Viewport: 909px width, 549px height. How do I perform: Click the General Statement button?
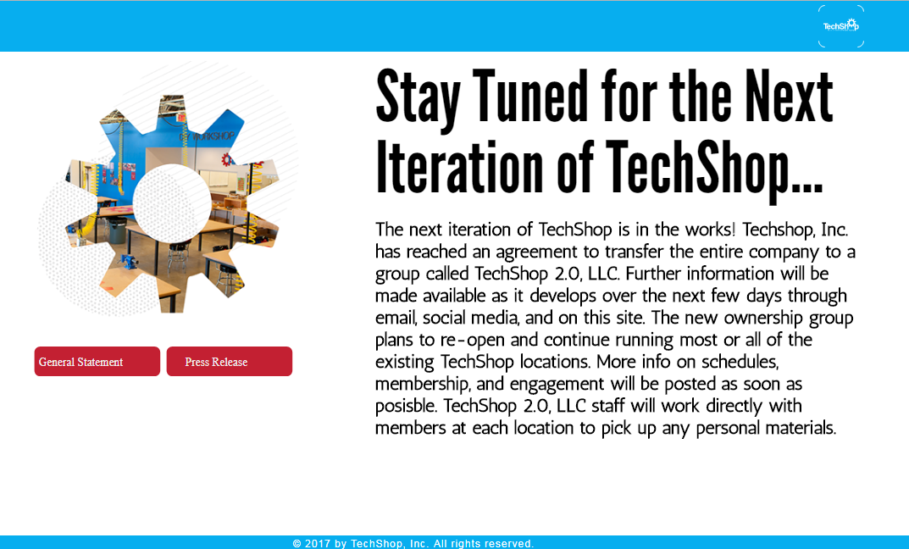coord(97,361)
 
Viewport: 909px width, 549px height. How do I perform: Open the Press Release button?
coord(229,361)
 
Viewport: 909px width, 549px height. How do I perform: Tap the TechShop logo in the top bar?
coord(840,25)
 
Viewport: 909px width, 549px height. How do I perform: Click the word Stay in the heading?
coord(418,98)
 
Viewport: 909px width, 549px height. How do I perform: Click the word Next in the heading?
coord(789,97)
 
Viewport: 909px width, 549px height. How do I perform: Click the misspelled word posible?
coord(406,407)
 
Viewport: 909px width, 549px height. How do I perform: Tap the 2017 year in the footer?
coord(317,543)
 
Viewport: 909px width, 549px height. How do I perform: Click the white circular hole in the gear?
coord(172,202)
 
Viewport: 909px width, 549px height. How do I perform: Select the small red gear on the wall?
coord(227,158)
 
